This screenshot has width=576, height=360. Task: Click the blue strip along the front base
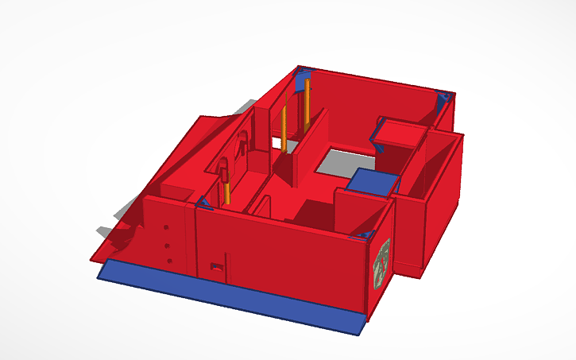pos(230,294)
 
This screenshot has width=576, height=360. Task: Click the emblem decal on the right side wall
pos(382,261)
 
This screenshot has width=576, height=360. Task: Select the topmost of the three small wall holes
pos(165,228)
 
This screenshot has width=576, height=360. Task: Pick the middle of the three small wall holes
pos(168,245)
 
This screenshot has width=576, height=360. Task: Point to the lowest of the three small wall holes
pos(170,261)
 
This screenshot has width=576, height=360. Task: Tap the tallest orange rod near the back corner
pos(307,103)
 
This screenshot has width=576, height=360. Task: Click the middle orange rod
pos(284,127)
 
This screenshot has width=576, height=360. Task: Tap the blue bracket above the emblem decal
pos(366,235)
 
